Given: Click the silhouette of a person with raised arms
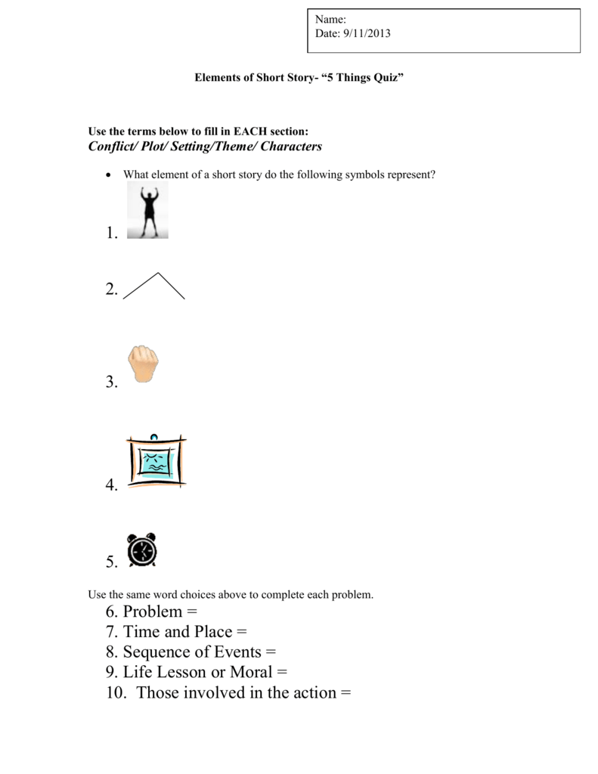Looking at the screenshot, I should point(147,210).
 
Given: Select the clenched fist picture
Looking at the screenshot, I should point(144,365).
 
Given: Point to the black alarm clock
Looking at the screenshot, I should point(142,550).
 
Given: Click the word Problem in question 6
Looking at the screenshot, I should point(153,611).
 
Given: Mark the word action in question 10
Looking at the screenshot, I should point(311,692).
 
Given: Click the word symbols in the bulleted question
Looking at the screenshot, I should point(364,175).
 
